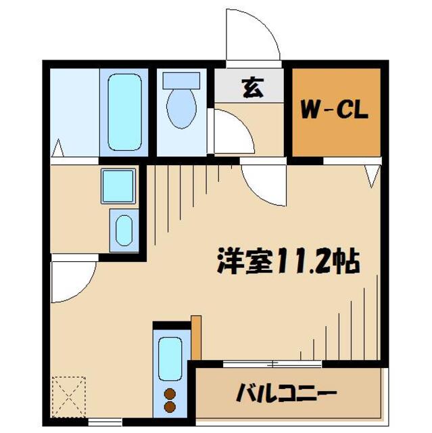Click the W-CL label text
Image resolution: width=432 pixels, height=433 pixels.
[x=335, y=110]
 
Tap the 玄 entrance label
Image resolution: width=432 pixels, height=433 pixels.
[x=252, y=89]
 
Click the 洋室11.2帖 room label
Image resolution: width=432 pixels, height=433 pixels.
[x=287, y=260]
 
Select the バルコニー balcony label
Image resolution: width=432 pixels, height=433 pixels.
[x=288, y=392]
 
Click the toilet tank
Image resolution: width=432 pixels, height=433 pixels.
[x=181, y=79]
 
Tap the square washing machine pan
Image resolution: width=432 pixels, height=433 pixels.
[x=119, y=186]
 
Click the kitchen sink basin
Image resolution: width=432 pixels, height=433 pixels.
[x=170, y=358]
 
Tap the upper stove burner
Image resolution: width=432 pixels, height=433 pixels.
[x=170, y=394]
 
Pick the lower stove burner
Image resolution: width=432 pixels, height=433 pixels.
[x=170, y=407]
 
